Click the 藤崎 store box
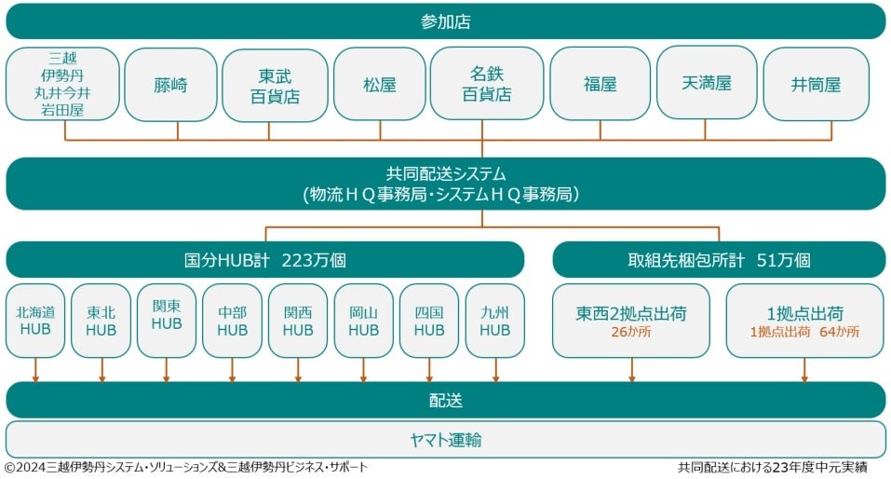click(170, 85)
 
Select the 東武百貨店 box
click(275, 85)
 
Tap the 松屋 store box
click(379, 85)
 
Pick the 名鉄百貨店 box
click(486, 83)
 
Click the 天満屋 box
click(706, 83)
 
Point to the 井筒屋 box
click(816, 85)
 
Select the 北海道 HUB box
click(35, 321)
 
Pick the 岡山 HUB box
click(363, 321)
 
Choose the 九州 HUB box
click(494, 321)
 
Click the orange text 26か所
click(631, 333)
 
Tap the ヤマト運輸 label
click(446, 440)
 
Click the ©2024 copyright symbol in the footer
click(9, 467)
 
